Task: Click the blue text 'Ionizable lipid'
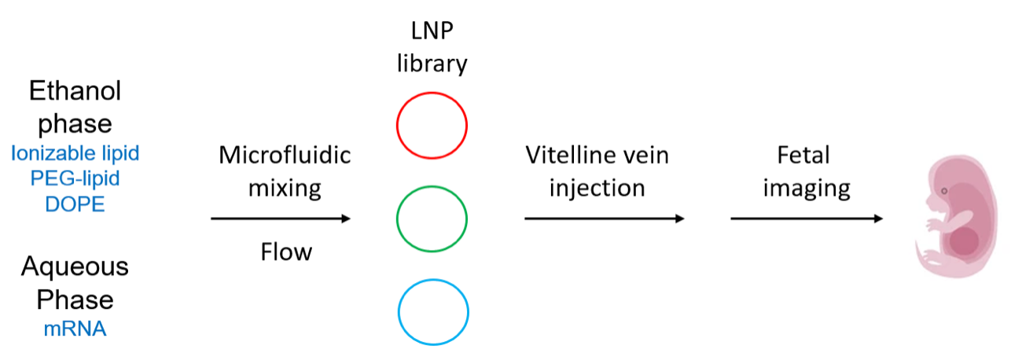pos(75,154)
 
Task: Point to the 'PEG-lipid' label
pos(75,178)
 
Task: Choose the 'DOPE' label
pos(75,204)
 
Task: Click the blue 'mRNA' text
pos(75,329)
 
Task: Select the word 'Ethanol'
pos(75,91)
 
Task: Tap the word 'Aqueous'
pos(75,267)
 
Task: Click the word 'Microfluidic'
pos(285,155)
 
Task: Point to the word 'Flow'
pos(286,252)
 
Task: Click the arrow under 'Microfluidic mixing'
pos(281,219)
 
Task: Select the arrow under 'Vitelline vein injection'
pos(605,219)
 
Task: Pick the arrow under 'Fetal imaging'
pos(807,219)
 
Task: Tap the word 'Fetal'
pos(803,155)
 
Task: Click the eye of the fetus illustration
pos(944,191)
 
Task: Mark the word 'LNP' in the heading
pos(432,31)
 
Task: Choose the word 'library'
pos(432,64)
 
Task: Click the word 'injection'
pos(597,189)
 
